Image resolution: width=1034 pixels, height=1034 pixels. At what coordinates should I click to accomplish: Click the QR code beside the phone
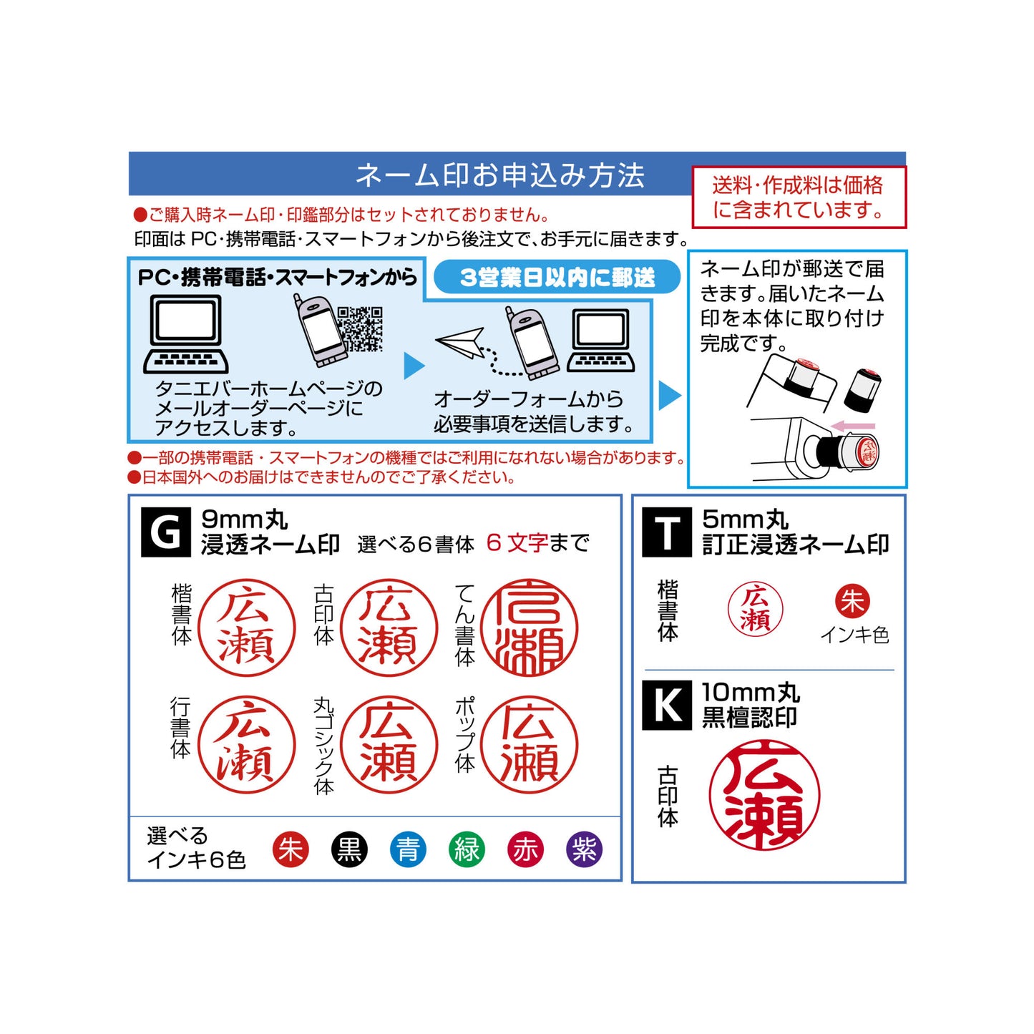(x=360, y=329)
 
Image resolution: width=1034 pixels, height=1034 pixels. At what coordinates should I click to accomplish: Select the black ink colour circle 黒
(x=349, y=850)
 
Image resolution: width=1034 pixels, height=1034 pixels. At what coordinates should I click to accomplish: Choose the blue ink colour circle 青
(x=408, y=850)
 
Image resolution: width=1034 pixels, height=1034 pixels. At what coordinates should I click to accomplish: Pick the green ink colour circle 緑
(x=467, y=850)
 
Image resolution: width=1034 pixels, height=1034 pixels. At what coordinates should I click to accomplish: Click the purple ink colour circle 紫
(x=584, y=850)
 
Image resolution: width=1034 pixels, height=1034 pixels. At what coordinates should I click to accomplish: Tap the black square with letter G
(x=166, y=532)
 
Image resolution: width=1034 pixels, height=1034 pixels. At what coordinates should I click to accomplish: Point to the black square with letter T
(x=667, y=532)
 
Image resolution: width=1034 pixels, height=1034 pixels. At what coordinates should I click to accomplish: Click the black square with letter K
(x=667, y=706)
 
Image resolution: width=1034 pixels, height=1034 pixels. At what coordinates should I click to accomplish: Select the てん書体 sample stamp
(x=530, y=628)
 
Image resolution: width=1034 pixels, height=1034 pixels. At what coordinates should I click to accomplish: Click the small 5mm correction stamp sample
(x=755, y=609)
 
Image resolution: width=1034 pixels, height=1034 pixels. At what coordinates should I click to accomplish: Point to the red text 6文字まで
(x=537, y=543)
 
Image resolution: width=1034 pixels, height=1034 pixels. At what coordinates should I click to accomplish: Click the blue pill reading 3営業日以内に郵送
(x=557, y=278)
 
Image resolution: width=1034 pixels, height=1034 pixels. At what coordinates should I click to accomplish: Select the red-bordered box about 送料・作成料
(x=799, y=197)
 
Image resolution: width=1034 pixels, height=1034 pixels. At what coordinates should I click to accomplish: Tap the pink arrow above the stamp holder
(x=854, y=426)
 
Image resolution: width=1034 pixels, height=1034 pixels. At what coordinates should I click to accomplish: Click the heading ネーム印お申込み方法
(x=499, y=175)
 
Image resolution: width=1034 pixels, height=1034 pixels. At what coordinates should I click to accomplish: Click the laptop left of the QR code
(x=186, y=334)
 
